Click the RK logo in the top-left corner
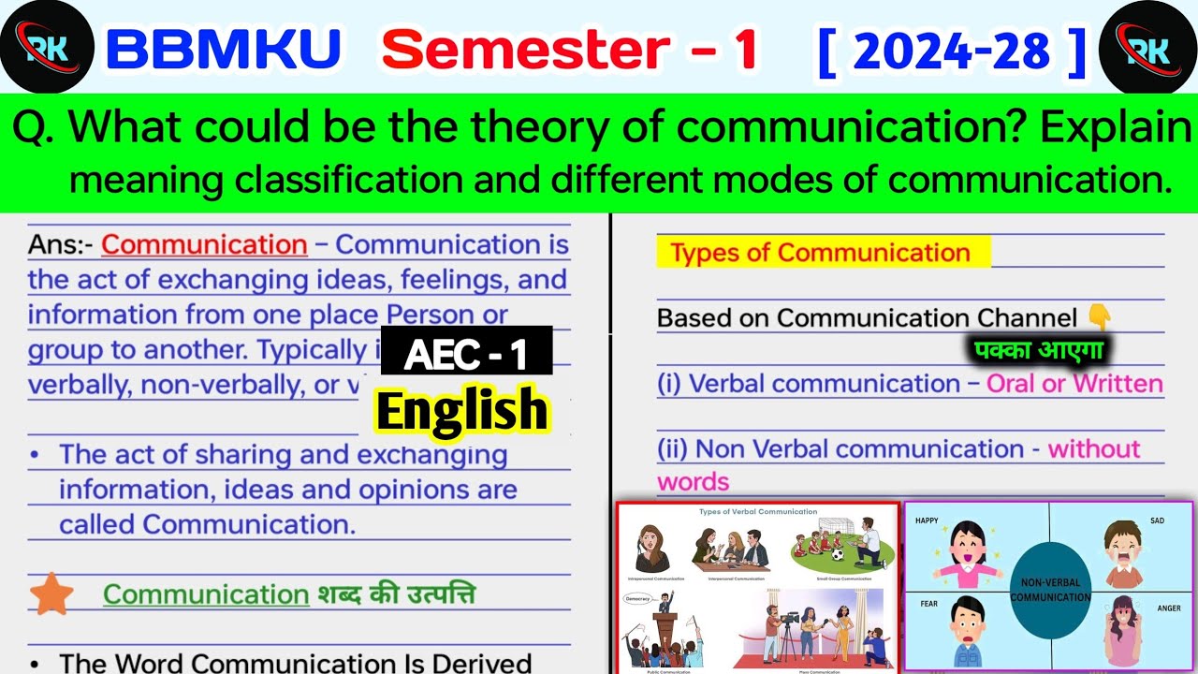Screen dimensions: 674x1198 (x=47, y=47)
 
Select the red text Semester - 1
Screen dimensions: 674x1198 (x=570, y=51)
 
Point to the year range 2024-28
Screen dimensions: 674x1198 (x=952, y=52)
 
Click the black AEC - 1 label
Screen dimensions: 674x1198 (x=466, y=353)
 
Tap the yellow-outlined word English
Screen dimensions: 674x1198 (x=462, y=410)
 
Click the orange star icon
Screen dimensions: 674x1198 (x=51, y=594)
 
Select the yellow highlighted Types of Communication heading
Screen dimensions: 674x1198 (x=820, y=253)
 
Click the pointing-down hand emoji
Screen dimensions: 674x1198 (x=1101, y=318)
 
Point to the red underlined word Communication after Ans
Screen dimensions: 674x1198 (x=204, y=245)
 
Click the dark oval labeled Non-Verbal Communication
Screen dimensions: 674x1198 (x=1050, y=590)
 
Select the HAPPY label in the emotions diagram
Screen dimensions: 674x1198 (x=927, y=520)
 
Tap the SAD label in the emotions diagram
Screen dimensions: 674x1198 (x=1158, y=520)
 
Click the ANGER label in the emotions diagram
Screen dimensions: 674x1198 (x=1169, y=608)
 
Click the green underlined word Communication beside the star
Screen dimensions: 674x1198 (x=206, y=594)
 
